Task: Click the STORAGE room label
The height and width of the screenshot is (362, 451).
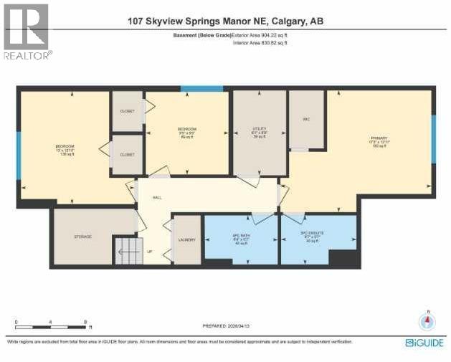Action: pyautogui.click(x=82, y=236)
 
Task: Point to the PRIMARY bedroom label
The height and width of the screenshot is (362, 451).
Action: pyautogui.click(x=378, y=138)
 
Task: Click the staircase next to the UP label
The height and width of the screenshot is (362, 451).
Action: pyautogui.click(x=128, y=252)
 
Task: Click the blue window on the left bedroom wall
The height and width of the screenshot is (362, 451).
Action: pyautogui.click(x=18, y=149)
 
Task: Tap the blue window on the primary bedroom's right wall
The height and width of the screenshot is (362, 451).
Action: pyautogui.click(x=433, y=130)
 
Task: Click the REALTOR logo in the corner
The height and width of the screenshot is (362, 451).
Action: pyautogui.click(x=27, y=32)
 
